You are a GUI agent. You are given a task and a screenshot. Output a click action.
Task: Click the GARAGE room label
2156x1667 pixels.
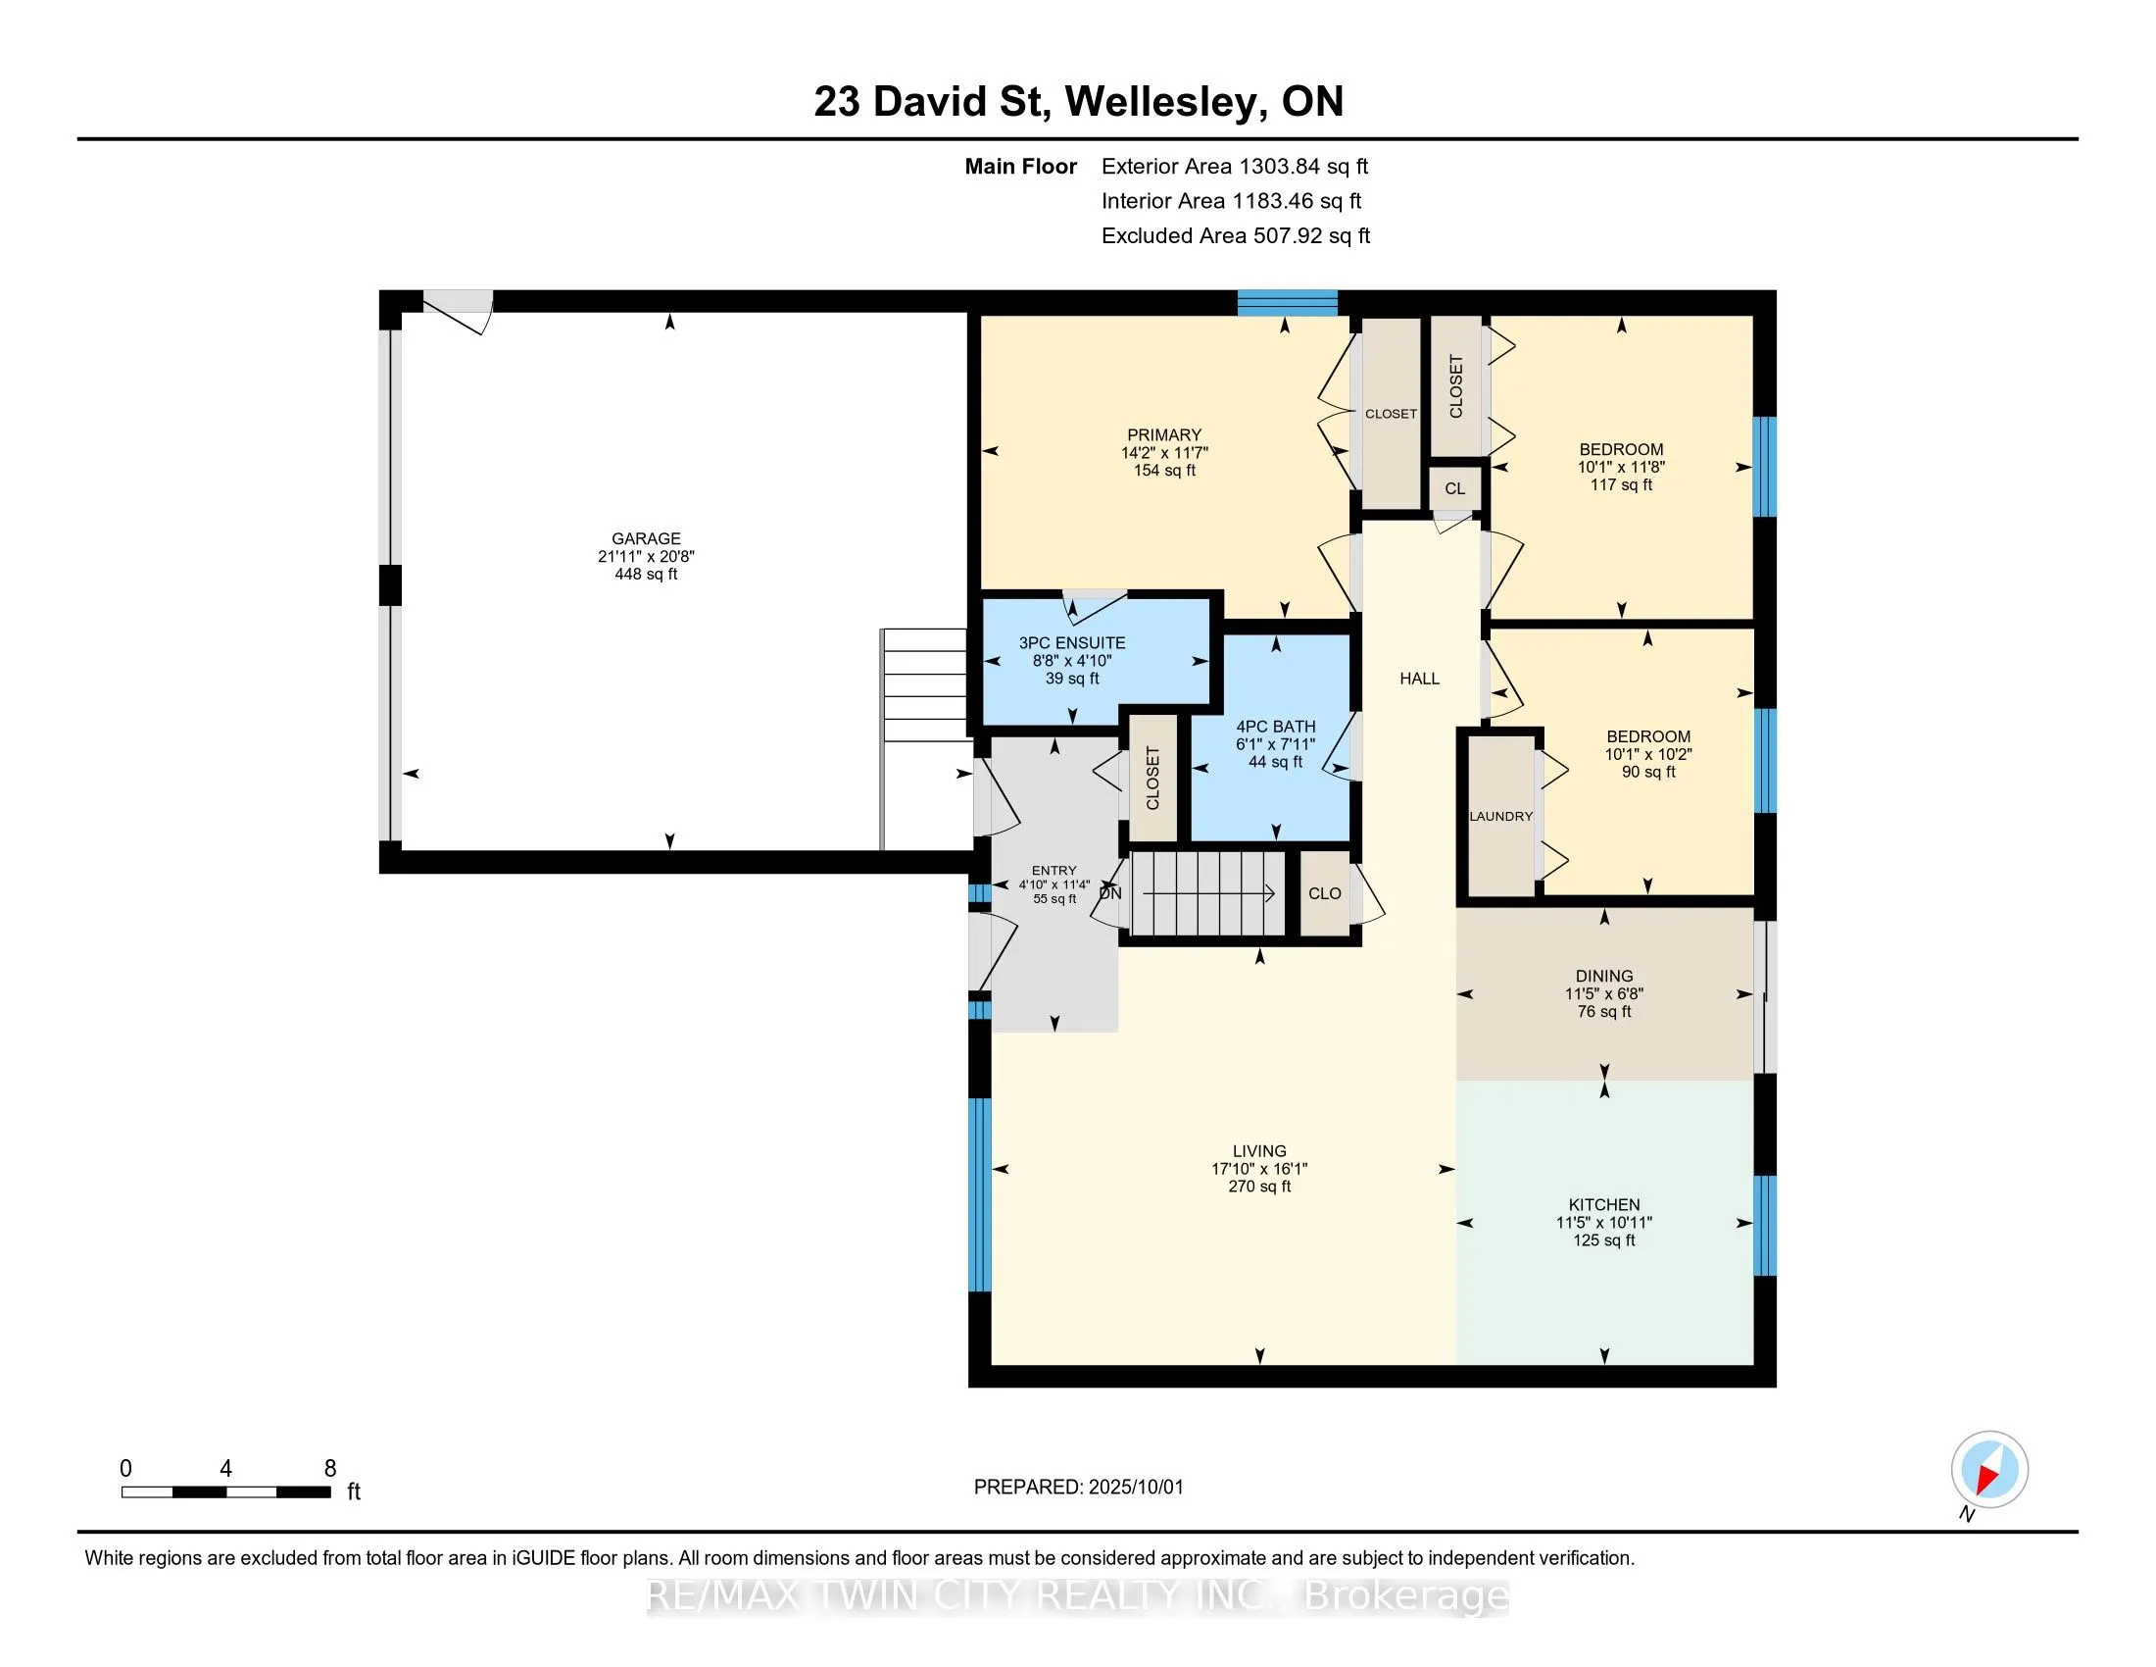click(x=646, y=538)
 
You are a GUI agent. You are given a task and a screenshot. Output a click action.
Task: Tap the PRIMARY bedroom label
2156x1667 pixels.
click(x=1165, y=434)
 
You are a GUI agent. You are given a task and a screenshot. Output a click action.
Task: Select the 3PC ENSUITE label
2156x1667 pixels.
click(x=1072, y=643)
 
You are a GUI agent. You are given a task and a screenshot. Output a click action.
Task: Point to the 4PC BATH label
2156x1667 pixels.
click(x=1275, y=727)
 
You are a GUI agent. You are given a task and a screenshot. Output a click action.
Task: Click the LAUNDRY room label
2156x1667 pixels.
click(x=1500, y=817)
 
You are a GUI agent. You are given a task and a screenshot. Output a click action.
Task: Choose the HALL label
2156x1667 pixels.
click(x=1420, y=679)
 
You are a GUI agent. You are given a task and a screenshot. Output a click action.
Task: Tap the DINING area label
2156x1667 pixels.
click(x=1604, y=976)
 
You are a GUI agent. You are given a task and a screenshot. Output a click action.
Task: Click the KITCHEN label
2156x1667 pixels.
click(x=1604, y=1205)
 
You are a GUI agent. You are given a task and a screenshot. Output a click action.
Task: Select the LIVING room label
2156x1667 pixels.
click(x=1259, y=1151)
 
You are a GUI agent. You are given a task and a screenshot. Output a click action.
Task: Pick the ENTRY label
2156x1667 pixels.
click(x=1054, y=871)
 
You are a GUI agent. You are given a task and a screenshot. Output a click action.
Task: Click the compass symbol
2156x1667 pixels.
click(x=1989, y=1470)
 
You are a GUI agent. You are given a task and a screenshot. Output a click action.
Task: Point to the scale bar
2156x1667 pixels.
click(x=226, y=1492)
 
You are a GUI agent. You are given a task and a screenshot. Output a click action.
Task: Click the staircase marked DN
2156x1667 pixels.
click(x=1206, y=893)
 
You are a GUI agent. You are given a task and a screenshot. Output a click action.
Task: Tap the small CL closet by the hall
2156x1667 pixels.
click(x=1455, y=489)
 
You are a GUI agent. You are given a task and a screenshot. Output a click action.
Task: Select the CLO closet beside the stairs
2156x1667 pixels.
click(x=1325, y=893)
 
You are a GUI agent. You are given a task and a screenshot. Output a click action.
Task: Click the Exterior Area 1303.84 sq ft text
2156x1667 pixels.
click(x=1235, y=167)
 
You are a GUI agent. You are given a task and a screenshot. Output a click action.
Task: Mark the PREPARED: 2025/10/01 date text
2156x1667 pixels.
click(x=1078, y=1488)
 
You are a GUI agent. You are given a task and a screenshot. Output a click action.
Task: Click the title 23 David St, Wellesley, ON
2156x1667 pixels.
click(x=1079, y=102)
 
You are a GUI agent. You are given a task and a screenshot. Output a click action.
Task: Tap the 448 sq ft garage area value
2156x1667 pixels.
click(x=646, y=574)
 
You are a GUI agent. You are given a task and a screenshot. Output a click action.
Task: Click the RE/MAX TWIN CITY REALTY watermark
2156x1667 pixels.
click(x=1078, y=1596)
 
